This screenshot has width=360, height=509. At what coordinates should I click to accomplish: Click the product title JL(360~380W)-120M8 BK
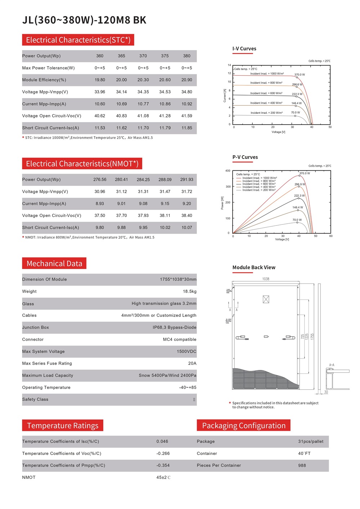click(x=84, y=20)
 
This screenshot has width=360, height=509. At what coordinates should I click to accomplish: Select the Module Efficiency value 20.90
click(x=186, y=80)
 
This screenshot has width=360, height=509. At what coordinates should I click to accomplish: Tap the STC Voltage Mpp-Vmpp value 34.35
click(x=143, y=92)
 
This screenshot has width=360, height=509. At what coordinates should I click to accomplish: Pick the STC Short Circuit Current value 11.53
click(x=100, y=128)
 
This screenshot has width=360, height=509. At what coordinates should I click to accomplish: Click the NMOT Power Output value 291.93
click(x=186, y=179)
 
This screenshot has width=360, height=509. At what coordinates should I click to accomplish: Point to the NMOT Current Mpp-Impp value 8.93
click(x=100, y=204)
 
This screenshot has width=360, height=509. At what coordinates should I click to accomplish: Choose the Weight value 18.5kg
click(x=189, y=291)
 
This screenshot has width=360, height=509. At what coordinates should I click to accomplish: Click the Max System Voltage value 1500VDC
click(x=186, y=352)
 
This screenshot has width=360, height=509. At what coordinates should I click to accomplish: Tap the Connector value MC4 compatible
click(x=180, y=339)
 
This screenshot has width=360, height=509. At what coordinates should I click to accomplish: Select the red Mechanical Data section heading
click(x=54, y=263)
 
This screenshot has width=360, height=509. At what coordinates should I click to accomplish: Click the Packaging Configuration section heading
click(x=244, y=425)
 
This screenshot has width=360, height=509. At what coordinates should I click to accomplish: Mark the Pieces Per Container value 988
click(x=302, y=465)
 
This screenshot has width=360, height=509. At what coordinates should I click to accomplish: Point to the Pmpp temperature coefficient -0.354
click(x=163, y=465)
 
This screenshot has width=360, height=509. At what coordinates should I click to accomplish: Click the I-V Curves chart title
click(x=244, y=49)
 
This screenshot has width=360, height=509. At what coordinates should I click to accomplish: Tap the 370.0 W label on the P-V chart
click(x=304, y=173)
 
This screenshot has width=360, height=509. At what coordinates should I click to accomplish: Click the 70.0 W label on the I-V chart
click(x=295, y=112)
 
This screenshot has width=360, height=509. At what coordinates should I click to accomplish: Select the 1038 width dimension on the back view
click(x=266, y=279)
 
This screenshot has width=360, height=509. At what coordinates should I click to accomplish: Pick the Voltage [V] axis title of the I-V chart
click(x=278, y=132)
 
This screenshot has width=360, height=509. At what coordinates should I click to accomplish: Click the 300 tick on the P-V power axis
click(x=228, y=187)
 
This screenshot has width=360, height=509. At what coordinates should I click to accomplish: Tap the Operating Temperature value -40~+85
click(x=188, y=388)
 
